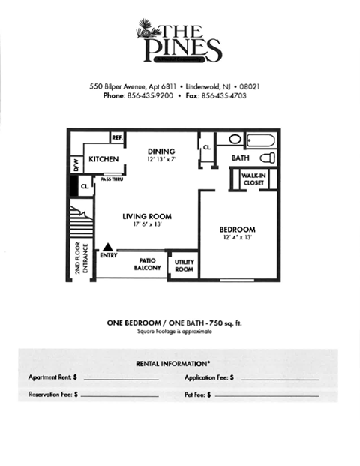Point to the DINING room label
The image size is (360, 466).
pos(160,149)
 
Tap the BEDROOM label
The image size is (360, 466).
pos(237,229)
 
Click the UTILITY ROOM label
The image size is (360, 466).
pos(184,265)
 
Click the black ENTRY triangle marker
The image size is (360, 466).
pos(109,245)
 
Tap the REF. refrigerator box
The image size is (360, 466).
pos(117,138)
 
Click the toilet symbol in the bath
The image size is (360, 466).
pos(267,158)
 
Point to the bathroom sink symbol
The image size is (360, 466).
pos(235,139)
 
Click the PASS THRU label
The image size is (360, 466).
pos(112,179)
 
